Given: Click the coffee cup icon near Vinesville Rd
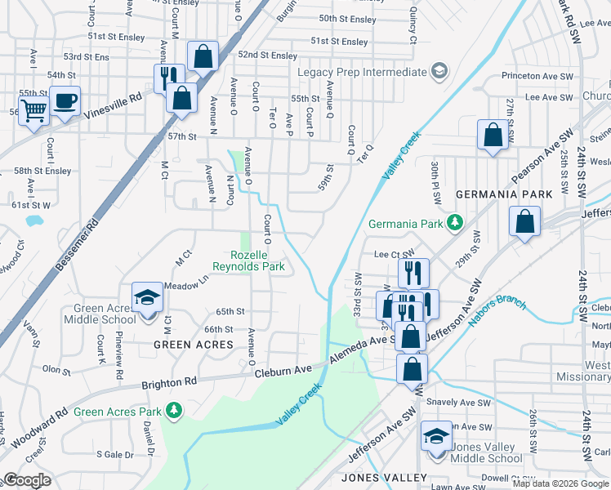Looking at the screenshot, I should point(65,101).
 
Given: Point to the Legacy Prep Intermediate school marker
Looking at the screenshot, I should point(439,73).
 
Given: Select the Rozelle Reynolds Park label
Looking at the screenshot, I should point(248,261).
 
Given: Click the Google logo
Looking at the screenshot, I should point(28,480).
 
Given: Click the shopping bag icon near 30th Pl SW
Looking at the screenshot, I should point(493,136).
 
